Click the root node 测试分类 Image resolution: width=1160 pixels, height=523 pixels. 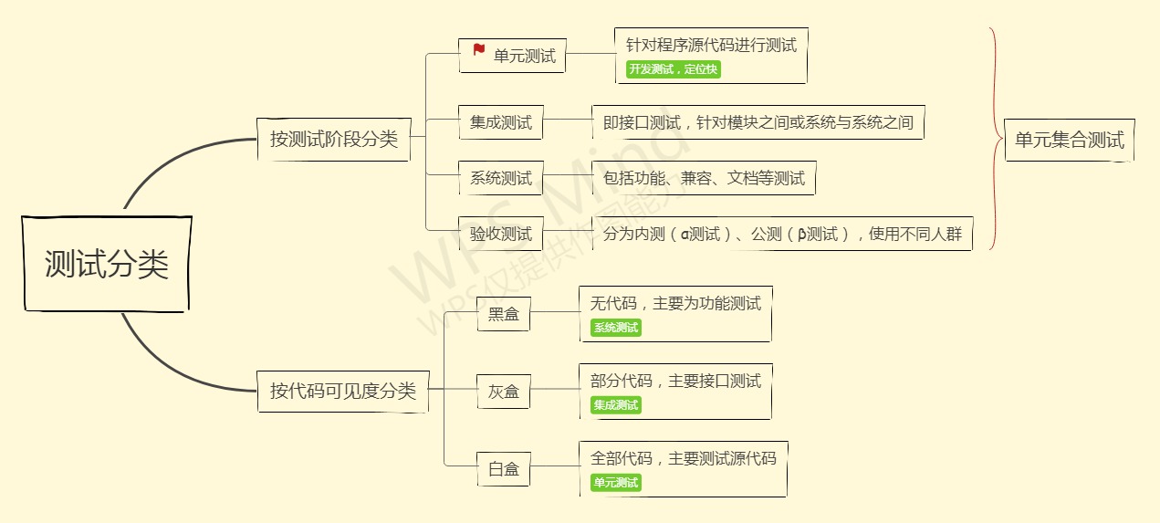click(107, 265)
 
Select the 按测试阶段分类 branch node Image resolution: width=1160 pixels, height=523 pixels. click(334, 140)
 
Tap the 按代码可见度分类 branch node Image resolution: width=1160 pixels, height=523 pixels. click(343, 392)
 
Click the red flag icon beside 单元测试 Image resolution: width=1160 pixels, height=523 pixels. click(479, 50)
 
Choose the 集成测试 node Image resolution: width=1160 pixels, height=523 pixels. click(500, 122)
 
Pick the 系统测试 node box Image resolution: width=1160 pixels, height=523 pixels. click(500, 178)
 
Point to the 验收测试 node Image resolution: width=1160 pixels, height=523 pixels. click(500, 234)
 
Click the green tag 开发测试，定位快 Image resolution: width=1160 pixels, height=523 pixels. click(674, 69)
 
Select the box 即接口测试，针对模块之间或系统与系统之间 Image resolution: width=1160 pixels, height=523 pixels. click(758, 122)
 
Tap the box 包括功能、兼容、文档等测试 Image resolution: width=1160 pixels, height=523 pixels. click(704, 178)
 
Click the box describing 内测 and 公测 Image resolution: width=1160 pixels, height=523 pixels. click(782, 234)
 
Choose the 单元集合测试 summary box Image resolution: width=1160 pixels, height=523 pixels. click(1069, 141)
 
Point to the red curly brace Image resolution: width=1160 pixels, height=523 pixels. click(994, 139)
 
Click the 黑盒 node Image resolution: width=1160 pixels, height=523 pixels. click(503, 315)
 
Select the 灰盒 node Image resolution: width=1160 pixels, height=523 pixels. click(503, 392)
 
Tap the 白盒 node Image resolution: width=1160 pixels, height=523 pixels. click(503, 469)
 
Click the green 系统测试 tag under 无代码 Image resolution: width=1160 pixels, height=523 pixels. click(616, 328)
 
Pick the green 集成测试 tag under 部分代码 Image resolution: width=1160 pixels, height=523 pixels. click(616, 405)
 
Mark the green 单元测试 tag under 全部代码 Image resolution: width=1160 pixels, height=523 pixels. click(616, 483)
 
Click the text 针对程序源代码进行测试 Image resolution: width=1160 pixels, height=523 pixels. click(711, 45)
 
